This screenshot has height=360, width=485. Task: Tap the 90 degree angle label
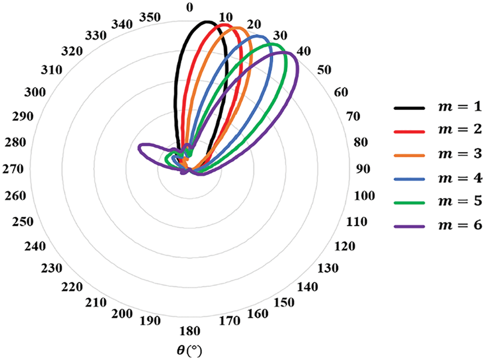364,169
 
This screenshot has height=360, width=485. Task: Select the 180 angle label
189,331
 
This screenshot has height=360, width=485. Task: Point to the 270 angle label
14,169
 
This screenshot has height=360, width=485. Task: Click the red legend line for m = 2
409,132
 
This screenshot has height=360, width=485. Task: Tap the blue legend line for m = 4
409,179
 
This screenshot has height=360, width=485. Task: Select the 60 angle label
342,92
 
